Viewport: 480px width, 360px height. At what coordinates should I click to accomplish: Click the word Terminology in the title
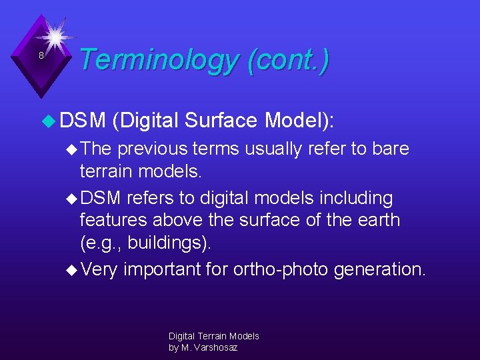(x=158, y=60)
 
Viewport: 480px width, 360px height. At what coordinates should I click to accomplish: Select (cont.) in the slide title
(x=287, y=60)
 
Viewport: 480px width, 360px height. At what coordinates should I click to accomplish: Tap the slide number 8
(x=41, y=56)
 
